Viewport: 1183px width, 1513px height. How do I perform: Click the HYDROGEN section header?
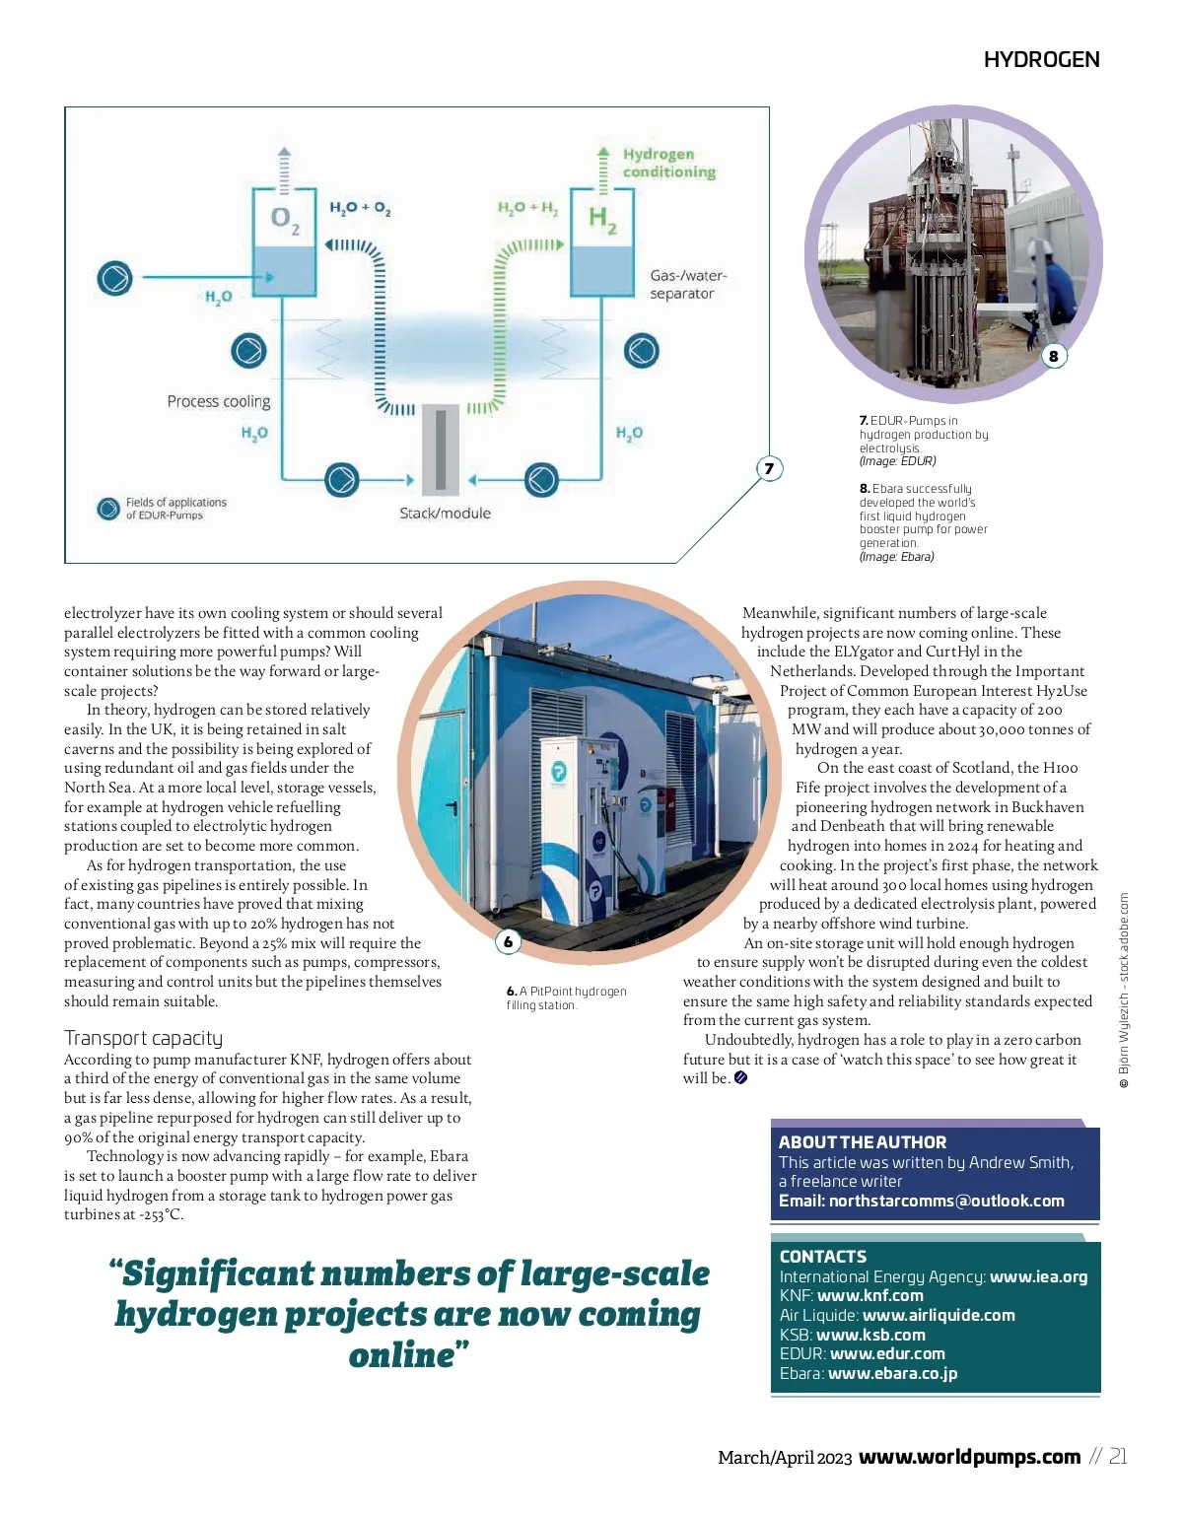1041,60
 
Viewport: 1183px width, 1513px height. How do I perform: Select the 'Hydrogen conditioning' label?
668,163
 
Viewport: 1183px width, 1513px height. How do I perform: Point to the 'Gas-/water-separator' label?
687,284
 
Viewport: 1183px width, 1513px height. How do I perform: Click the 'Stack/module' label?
445,513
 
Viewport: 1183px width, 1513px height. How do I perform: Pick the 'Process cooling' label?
218,401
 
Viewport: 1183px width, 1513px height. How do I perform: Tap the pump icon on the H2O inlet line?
114,278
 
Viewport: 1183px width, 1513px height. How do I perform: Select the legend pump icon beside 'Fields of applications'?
108,509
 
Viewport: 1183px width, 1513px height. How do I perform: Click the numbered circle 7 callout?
769,468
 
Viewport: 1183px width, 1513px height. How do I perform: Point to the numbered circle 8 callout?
1053,356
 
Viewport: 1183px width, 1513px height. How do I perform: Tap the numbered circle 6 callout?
508,942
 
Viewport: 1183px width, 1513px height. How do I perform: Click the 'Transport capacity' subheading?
144,1038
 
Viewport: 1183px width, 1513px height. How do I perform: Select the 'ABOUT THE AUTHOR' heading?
863,1142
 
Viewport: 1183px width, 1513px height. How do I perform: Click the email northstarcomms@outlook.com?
946,1201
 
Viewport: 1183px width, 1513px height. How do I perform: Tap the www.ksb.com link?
870,1335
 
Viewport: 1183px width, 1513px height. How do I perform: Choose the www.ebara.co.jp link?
892,1373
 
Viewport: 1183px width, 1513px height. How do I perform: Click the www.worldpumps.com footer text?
970,1457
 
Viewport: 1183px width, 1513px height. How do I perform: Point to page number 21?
1117,1456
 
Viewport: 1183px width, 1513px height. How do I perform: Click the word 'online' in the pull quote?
401,1355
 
